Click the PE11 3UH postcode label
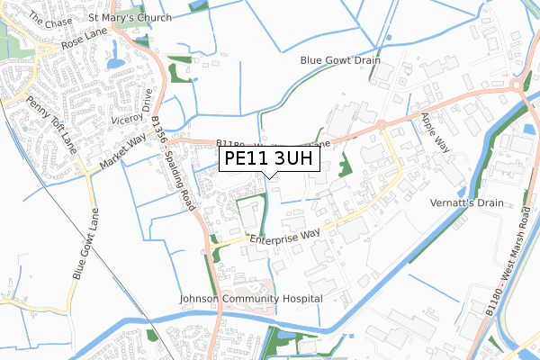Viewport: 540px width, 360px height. coord(269,158)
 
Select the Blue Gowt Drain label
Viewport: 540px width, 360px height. coord(340,60)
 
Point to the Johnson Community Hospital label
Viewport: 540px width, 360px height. coord(251,298)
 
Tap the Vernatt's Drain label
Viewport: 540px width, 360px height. coord(466,203)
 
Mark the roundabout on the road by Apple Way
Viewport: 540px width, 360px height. coord(382,124)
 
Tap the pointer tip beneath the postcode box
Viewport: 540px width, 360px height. coord(270,175)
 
